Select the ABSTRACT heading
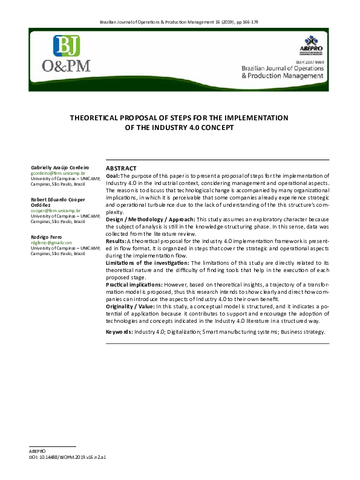(x=121, y=168)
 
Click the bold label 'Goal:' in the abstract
(x=113, y=175)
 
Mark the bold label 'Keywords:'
(x=119, y=332)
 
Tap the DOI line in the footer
(x=68, y=458)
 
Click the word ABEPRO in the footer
(x=38, y=452)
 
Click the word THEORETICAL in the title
(x=101, y=117)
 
